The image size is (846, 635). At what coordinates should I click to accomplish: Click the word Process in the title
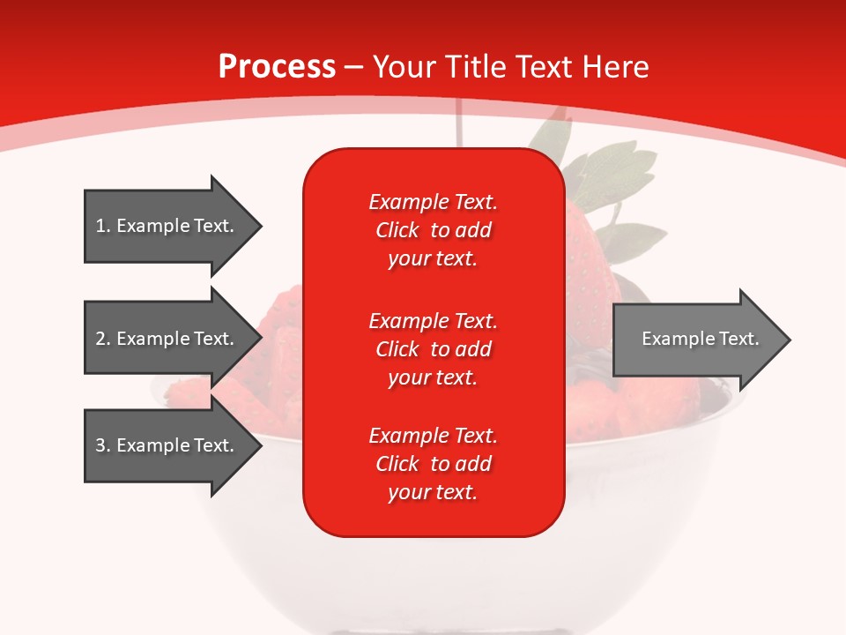pyautogui.click(x=278, y=67)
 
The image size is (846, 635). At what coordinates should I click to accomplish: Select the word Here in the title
pyautogui.click(x=615, y=67)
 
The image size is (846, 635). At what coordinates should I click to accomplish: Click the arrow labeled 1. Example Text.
pyautogui.click(x=174, y=226)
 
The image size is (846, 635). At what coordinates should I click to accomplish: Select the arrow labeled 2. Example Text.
pyautogui.click(x=174, y=338)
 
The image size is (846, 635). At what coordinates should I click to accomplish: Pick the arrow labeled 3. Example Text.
pyautogui.click(x=174, y=445)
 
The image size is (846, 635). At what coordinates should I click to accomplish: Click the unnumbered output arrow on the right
pyautogui.click(x=702, y=340)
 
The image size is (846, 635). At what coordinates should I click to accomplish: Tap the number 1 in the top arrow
pyautogui.click(x=100, y=226)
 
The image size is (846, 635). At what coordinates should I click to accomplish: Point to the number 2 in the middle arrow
pyautogui.click(x=100, y=339)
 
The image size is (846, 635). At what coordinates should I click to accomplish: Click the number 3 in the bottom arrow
pyautogui.click(x=100, y=445)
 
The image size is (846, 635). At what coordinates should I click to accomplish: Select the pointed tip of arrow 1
pyautogui.click(x=263, y=227)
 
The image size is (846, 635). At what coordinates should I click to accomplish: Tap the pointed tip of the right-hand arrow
pyautogui.click(x=791, y=340)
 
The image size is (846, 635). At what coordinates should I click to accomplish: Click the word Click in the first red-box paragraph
pyautogui.click(x=397, y=230)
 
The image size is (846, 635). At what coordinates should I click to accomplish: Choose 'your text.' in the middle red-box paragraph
pyautogui.click(x=433, y=378)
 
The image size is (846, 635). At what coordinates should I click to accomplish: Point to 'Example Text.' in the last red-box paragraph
pyautogui.click(x=434, y=436)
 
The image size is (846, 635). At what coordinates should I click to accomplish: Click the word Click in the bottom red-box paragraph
pyautogui.click(x=397, y=464)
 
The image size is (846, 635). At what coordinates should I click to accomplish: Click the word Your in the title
pyautogui.click(x=404, y=67)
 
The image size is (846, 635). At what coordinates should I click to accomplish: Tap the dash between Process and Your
pyautogui.click(x=354, y=69)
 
